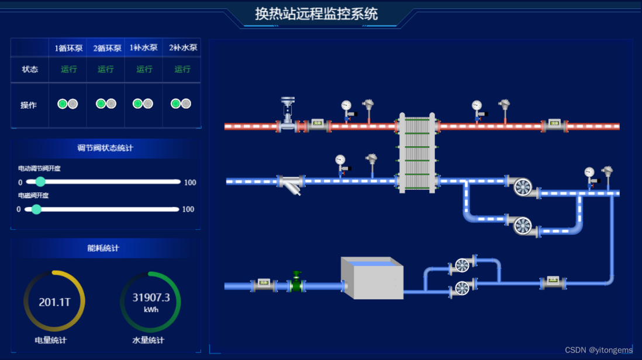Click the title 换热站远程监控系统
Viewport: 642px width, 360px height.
tap(316, 14)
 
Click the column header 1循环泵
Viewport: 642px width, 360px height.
tap(68, 49)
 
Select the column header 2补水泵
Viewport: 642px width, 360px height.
tap(182, 48)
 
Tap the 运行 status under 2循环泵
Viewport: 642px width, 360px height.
tap(106, 69)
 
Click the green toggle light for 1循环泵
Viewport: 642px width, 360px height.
tap(63, 104)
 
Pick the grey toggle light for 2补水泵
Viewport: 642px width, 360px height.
tap(186, 104)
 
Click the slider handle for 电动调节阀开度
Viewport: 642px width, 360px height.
tap(40, 182)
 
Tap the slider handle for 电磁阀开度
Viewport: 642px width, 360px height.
tap(36, 209)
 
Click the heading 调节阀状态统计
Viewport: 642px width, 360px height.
tap(105, 148)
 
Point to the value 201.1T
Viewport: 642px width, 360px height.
tap(54, 302)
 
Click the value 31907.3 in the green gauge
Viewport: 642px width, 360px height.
tap(151, 298)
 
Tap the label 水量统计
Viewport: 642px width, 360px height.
tap(148, 340)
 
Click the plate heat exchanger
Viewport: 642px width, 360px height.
tap(417, 153)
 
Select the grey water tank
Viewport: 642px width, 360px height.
tap(372, 279)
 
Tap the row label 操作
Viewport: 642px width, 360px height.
tap(29, 105)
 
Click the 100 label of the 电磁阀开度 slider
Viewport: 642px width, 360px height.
tap(188, 209)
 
